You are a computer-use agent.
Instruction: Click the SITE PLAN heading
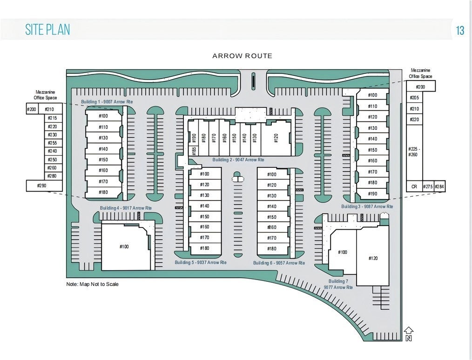47,30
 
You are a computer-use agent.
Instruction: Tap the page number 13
460,31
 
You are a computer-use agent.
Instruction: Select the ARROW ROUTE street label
242,56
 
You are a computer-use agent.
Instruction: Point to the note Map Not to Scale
92,284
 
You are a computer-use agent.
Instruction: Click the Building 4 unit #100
124,247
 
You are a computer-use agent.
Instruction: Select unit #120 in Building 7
373,258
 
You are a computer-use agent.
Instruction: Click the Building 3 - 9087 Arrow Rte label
367,206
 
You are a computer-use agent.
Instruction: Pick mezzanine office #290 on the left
42,186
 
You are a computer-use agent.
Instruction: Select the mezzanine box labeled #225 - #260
414,152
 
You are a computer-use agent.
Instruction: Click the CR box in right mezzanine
414,187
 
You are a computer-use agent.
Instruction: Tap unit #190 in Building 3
372,193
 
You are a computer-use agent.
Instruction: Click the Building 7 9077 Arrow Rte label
341,284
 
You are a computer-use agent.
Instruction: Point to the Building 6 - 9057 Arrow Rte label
279,263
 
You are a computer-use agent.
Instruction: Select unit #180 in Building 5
204,248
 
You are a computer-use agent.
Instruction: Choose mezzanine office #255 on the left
52,143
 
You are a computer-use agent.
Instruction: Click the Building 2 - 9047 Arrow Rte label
238,160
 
